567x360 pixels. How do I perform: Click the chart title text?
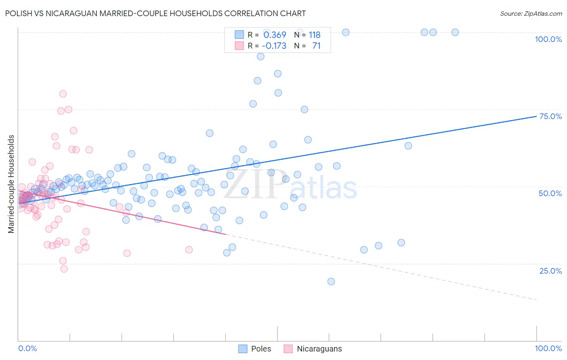(x=156, y=13)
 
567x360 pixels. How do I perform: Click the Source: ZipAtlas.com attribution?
(x=531, y=13)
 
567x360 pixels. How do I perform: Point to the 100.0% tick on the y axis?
(x=548, y=39)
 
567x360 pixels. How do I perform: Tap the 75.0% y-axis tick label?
(x=550, y=116)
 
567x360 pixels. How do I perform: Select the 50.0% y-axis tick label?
(x=550, y=193)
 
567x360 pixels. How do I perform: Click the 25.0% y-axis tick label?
(x=550, y=270)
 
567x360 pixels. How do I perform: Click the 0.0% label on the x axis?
(x=27, y=348)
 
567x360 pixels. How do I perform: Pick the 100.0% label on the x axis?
(x=548, y=348)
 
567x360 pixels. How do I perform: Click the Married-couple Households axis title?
(x=11, y=184)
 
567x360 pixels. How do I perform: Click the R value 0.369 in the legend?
(x=275, y=35)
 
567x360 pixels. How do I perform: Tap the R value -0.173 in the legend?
(x=274, y=46)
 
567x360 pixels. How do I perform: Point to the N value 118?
(x=315, y=35)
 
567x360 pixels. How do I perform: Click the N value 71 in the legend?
(x=316, y=46)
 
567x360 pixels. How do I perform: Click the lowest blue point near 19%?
(x=331, y=281)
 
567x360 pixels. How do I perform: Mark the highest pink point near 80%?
(x=63, y=94)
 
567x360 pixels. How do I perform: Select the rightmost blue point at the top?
(x=455, y=32)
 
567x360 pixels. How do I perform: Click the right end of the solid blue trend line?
(x=536, y=116)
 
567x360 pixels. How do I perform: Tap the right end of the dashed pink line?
(x=536, y=299)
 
